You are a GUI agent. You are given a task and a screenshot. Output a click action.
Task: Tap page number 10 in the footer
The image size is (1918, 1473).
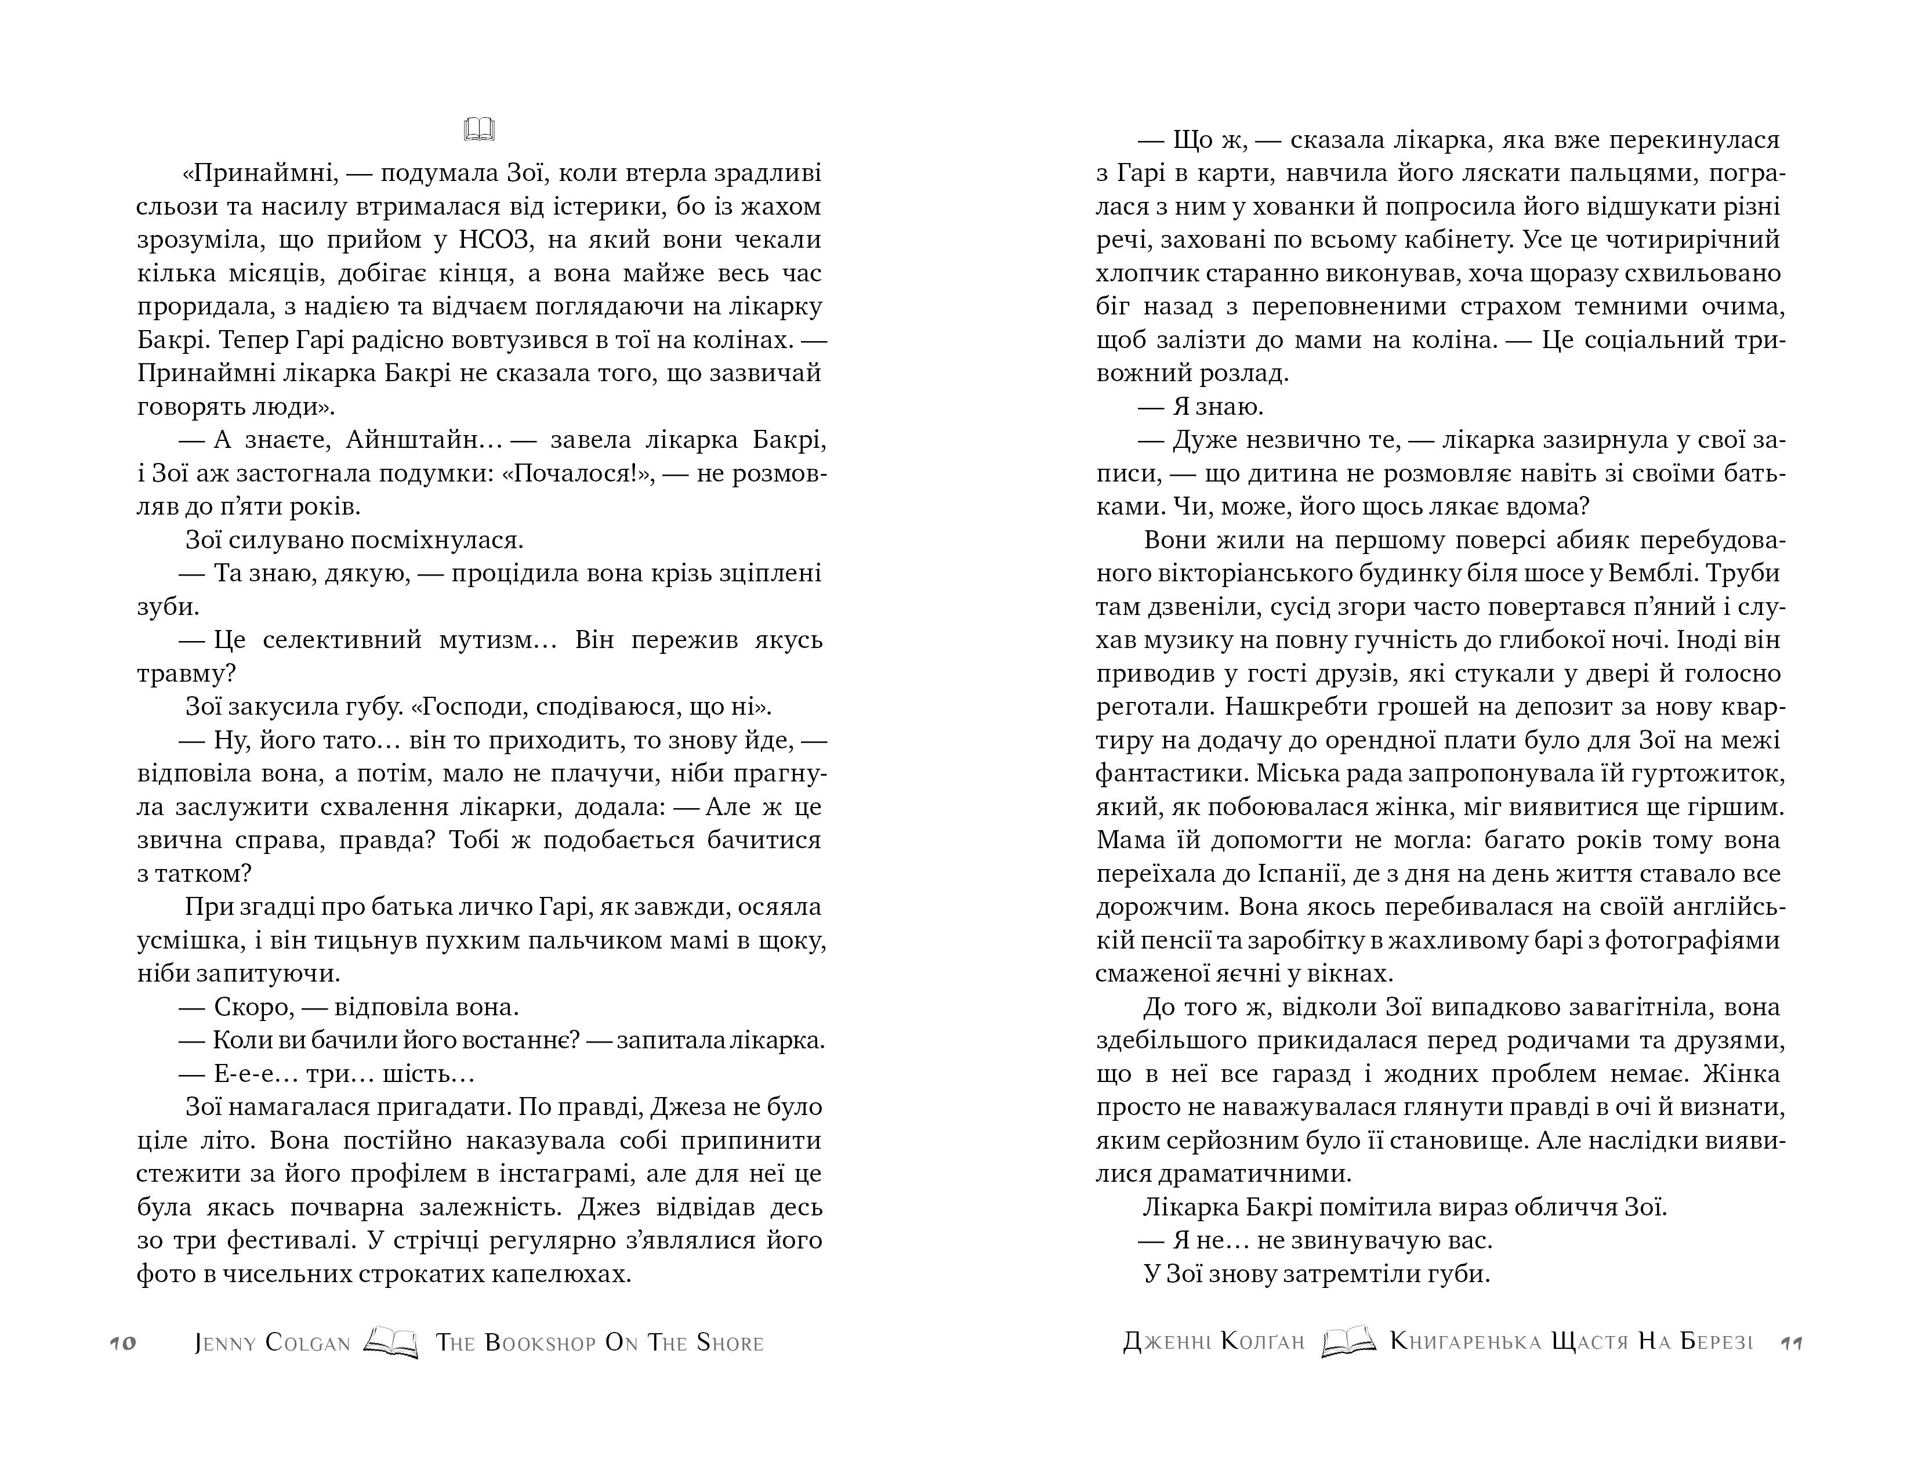(x=124, y=1343)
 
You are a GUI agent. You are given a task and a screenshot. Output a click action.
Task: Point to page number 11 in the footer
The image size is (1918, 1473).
(x=1791, y=1343)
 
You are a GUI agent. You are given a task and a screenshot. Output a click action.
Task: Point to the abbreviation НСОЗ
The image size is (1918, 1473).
(x=501, y=240)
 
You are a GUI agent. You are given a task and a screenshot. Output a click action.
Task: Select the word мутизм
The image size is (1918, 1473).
(x=498, y=640)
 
